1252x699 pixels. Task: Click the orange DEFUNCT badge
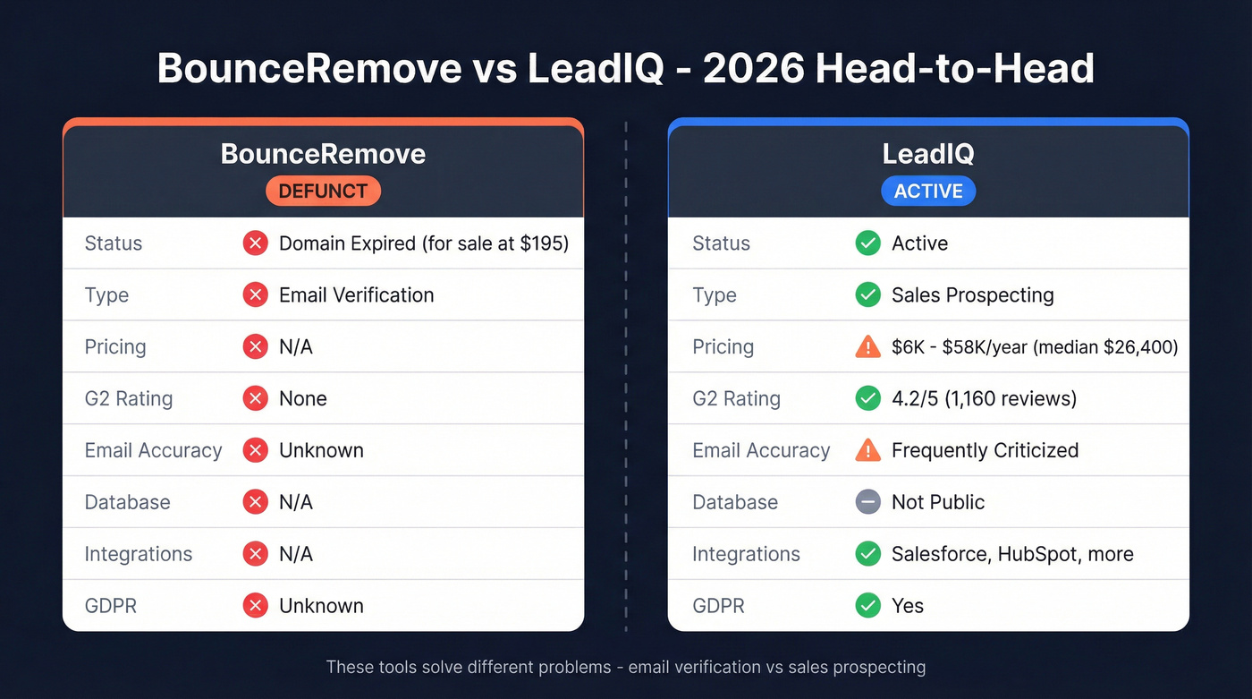pyautogui.click(x=323, y=191)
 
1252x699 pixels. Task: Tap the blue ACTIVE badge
pyautogui.click(x=928, y=191)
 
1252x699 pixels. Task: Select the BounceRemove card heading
pyautogui.click(x=323, y=154)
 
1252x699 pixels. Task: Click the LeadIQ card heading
pyautogui.click(x=928, y=154)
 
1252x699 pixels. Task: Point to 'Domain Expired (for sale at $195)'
pyautogui.click(x=424, y=243)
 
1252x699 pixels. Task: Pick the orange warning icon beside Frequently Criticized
pyautogui.click(x=867, y=450)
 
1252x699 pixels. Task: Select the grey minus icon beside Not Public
pyautogui.click(x=867, y=502)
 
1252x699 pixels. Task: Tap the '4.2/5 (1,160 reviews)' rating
pyautogui.click(x=984, y=399)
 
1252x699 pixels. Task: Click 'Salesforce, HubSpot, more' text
pyautogui.click(x=1012, y=554)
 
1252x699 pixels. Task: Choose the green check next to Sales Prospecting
pyautogui.click(x=867, y=295)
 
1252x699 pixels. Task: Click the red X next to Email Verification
pyautogui.click(x=256, y=295)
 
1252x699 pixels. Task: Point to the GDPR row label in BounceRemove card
pyautogui.click(x=111, y=606)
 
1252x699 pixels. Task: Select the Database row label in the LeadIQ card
pyautogui.click(x=735, y=502)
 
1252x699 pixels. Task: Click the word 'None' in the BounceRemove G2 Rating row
pyautogui.click(x=303, y=399)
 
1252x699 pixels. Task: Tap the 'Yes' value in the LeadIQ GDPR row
pyautogui.click(x=908, y=606)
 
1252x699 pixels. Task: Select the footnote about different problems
pyautogui.click(x=626, y=667)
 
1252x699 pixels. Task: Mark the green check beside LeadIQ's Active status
pyautogui.click(x=867, y=243)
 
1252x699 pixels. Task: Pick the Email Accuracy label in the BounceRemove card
pyautogui.click(x=153, y=450)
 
